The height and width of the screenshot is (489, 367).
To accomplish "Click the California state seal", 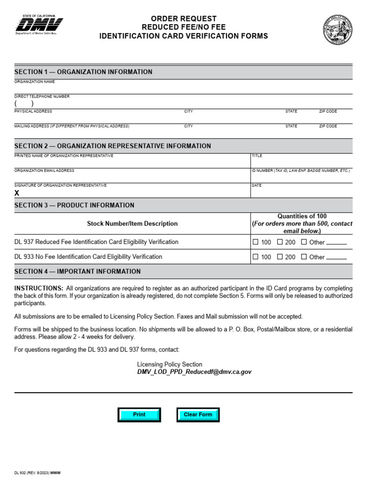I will click(337, 30).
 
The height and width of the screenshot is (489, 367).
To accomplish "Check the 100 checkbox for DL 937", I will click(256, 242).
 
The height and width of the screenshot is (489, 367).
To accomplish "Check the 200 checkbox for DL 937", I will click(280, 242).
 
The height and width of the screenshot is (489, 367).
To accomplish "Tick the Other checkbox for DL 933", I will click(304, 257).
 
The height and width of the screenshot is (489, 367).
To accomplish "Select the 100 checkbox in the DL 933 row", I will click(256, 257).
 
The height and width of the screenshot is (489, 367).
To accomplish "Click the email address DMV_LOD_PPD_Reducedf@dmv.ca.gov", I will click(194, 372).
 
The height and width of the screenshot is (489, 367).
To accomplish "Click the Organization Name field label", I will click(34, 82).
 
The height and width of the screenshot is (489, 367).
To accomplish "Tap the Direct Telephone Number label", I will click(42, 96).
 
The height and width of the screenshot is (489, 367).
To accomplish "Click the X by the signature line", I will click(17, 193).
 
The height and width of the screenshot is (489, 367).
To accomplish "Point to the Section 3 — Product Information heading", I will click(74, 205).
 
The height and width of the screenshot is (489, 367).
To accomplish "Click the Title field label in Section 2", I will click(257, 156).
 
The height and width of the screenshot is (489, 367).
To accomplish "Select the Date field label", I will click(257, 185).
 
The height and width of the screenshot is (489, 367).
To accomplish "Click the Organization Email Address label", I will click(44, 170).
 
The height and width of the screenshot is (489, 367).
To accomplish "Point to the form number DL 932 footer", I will click(37, 473).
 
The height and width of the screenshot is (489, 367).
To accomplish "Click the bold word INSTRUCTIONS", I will click(39, 288).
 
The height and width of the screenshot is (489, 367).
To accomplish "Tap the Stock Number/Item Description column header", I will click(132, 223).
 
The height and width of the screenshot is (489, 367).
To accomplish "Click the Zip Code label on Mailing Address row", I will click(328, 126).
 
